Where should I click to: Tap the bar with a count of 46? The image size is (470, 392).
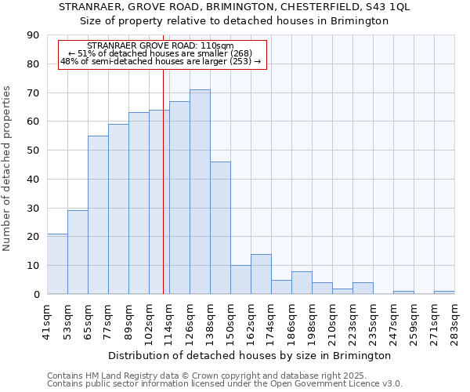pyautogui.click(x=220, y=227)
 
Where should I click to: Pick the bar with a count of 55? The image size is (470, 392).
pyautogui.click(x=98, y=215)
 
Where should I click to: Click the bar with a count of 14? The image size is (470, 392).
pyautogui.click(x=261, y=274)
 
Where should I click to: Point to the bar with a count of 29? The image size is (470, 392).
pyautogui.click(x=78, y=252)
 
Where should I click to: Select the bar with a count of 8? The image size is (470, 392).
pyautogui.click(x=302, y=282)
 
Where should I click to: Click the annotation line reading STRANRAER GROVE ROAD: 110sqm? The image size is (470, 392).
pyautogui.click(x=160, y=46)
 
